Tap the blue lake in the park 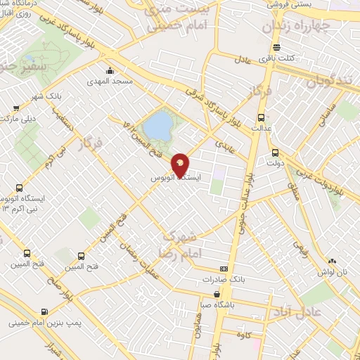159,127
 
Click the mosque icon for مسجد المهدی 110,70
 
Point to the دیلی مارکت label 20,118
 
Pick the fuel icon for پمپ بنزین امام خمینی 45,311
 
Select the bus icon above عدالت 262,117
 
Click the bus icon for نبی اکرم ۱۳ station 18,188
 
